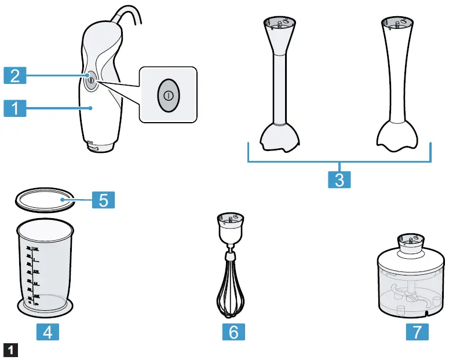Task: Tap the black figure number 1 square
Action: pos(10,350)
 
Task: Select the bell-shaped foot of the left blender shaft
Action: pos(280,137)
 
